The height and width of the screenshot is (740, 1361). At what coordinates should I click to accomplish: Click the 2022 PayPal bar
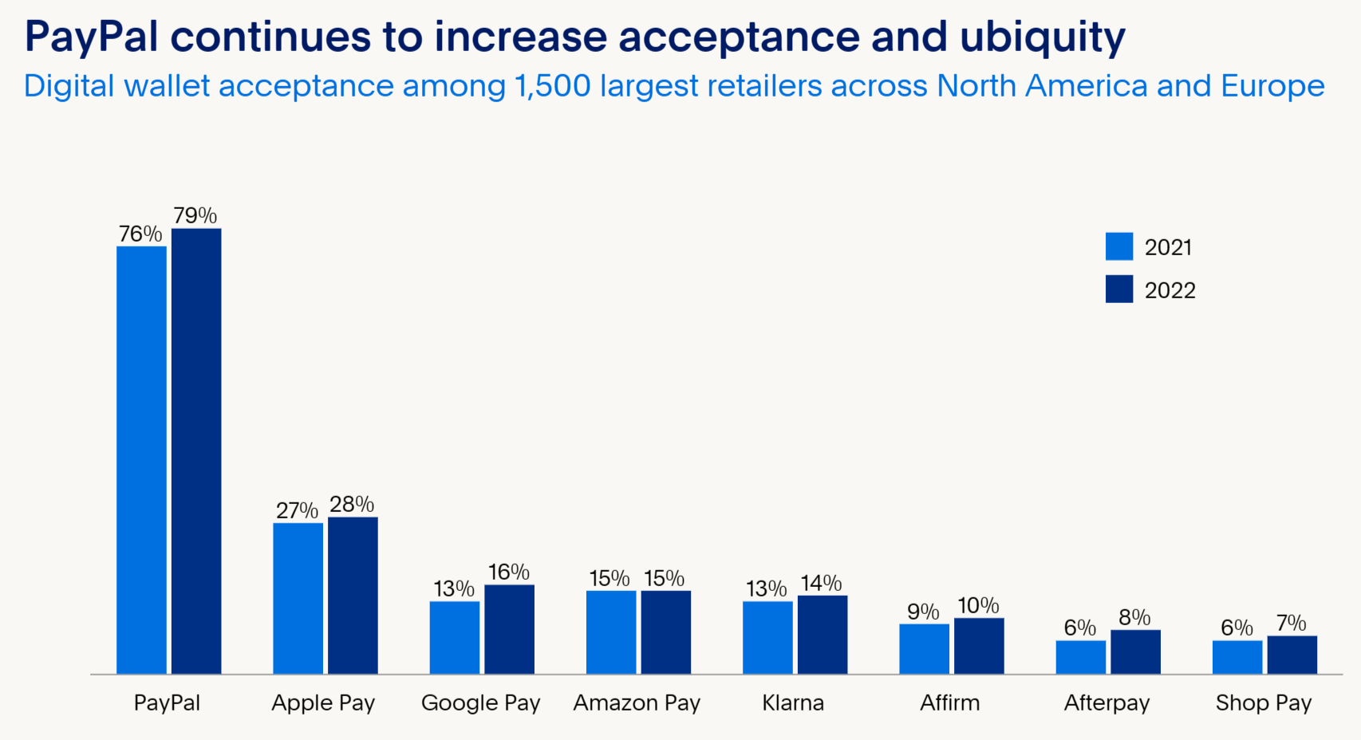pyautogui.click(x=196, y=451)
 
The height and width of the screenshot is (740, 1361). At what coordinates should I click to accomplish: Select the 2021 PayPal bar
pyautogui.click(x=141, y=460)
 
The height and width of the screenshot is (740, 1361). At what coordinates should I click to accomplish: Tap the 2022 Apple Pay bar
pyautogui.click(x=353, y=595)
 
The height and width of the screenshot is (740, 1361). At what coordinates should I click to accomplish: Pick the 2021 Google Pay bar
pyautogui.click(x=455, y=637)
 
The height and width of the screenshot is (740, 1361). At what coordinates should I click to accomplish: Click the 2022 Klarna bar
pyautogui.click(x=823, y=634)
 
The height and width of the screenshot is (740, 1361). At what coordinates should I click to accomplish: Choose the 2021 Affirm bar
pyautogui.click(x=924, y=648)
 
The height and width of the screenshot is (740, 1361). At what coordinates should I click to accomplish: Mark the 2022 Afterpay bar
pyautogui.click(x=1135, y=651)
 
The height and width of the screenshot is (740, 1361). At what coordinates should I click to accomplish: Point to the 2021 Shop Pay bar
pyautogui.click(x=1237, y=656)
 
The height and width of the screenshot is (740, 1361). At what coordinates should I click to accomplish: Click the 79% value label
pyautogui.click(x=195, y=215)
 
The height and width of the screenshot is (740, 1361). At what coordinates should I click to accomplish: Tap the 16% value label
pyautogui.click(x=509, y=572)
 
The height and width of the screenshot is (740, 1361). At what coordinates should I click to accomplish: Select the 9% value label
pyautogui.click(x=923, y=612)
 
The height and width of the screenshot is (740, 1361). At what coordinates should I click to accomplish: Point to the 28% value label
pyautogui.click(x=352, y=504)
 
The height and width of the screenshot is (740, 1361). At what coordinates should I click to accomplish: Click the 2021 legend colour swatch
pyautogui.click(x=1119, y=246)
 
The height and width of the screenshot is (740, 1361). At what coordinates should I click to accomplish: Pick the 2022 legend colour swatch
pyautogui.click(x=1119, y=289)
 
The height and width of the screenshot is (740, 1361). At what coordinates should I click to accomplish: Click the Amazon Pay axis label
pyautogui.click(x=637, y=703)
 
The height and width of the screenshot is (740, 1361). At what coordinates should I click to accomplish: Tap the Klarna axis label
pyautogui.click(x=793, y=703)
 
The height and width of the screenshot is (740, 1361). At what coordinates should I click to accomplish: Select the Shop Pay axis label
pyautogui.click(x=1264, y=703)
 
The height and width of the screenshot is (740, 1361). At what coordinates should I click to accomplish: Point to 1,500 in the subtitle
pyautogui.click(x=553, y=86)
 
